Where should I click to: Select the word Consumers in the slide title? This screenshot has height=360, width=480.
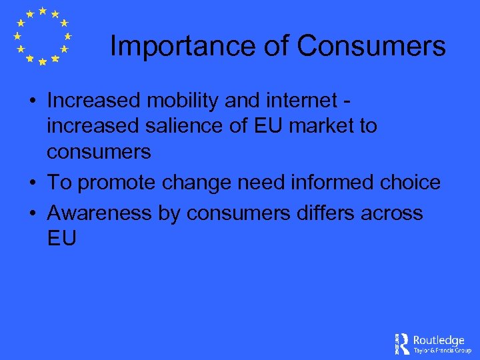click(371, 47)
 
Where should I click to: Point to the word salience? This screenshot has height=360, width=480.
click(186, 127)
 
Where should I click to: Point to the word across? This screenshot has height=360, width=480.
click(396, 213)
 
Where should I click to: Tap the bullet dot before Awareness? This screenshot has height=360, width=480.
click(32, 214)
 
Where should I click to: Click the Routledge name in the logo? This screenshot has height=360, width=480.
click(439, 339)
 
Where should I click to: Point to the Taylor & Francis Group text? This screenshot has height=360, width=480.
click(442, 350)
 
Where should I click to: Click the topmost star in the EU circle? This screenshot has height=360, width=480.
click(42, 11)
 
